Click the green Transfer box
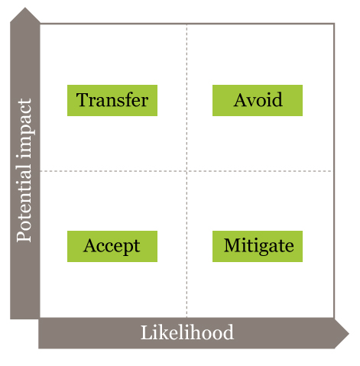point(112,100)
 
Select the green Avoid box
point(258,100)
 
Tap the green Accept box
point(112,246)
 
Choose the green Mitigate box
point(258,246)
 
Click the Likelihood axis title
point(187,332)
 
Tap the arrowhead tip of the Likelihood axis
point(349,333)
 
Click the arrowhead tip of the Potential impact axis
point(25,8)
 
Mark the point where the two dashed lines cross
point(186,171)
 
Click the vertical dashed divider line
point(186,170)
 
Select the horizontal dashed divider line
point(186,171)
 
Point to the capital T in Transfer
point(82,99)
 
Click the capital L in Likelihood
point(147,332)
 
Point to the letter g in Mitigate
point(266,248)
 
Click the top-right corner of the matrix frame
point(334,24)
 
